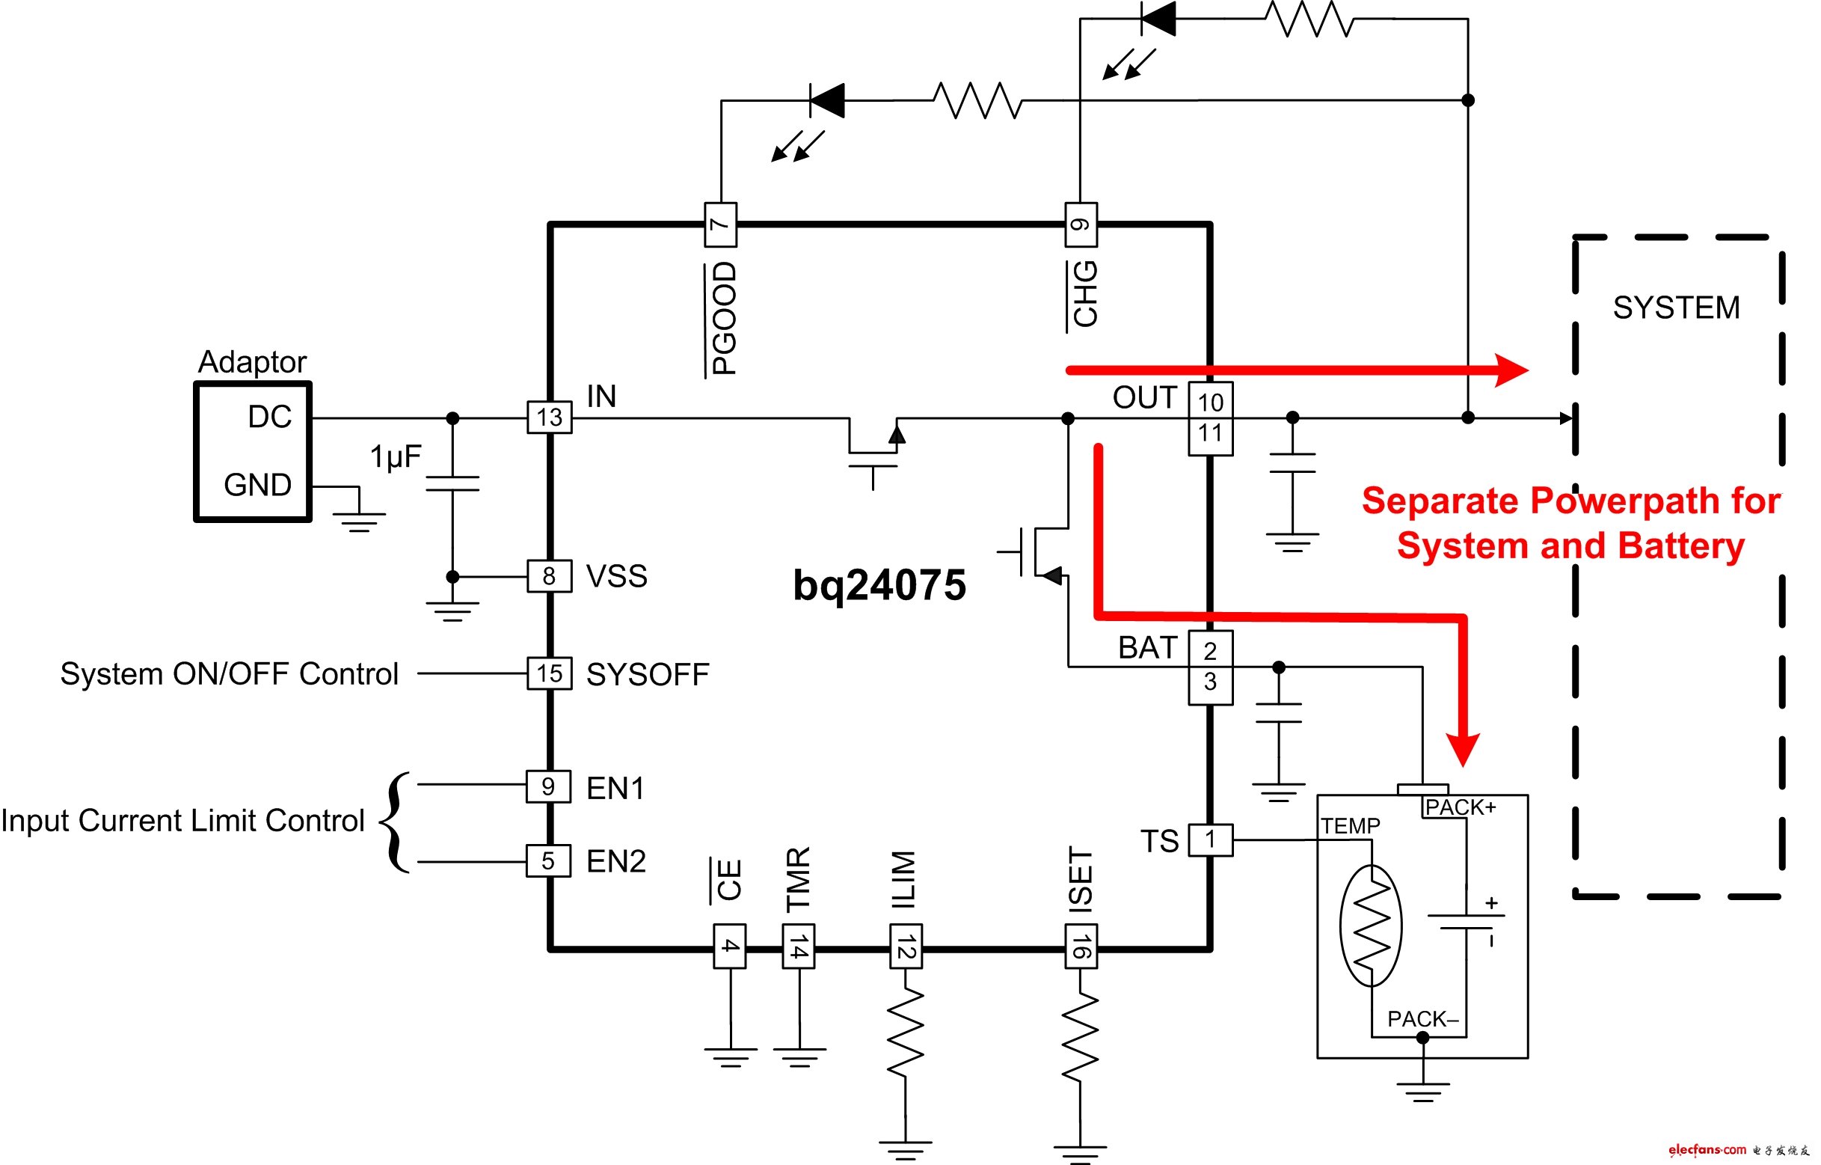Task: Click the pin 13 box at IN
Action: [x=549, y=417]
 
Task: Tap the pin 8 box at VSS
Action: [x=549, y=576]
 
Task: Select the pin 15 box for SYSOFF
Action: [x=549, y=673]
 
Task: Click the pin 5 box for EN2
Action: [x=548, y=861]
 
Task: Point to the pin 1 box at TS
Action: [x=1210, y=840]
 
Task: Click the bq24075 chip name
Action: [x=879, y=586]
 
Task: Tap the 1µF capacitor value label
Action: [x=396, y=457]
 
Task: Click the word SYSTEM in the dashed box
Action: [x=1676, y=308]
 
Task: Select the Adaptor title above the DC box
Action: [x=252, y=362]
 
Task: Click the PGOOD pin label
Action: [x=724, y=319]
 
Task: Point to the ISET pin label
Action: [x=1081, y=878]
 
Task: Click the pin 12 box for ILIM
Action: [x=905, y=947]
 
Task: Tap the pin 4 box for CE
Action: [x=730, y=947]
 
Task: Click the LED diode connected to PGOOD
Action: [x=826, y=100]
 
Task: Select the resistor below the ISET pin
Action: [x=1081, y=1037]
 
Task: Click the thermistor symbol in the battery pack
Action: [x=1370, y=926]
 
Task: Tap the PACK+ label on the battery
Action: [x=1460, y=808]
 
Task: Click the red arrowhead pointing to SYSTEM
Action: [x=1511, y=370]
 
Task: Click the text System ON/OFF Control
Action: [x=229, y=674]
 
